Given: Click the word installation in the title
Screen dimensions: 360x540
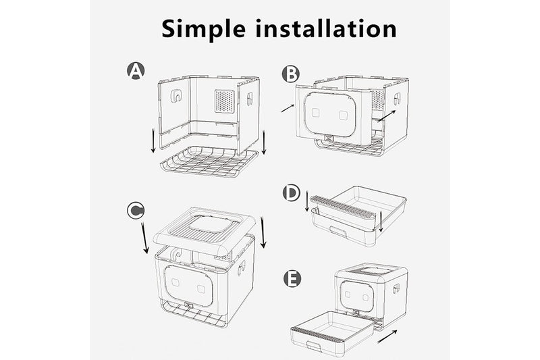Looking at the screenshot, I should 324,28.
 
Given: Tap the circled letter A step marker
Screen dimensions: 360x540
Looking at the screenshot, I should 136,70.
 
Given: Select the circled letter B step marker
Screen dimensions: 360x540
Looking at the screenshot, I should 290,73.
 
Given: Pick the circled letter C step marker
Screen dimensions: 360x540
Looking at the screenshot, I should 136,211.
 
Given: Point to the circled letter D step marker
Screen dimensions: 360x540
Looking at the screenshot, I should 291,193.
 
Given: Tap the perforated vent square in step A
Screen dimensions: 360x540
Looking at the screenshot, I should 224,101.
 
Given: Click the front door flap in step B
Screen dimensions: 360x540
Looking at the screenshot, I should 331,114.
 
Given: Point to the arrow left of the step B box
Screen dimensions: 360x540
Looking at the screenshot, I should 288,107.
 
